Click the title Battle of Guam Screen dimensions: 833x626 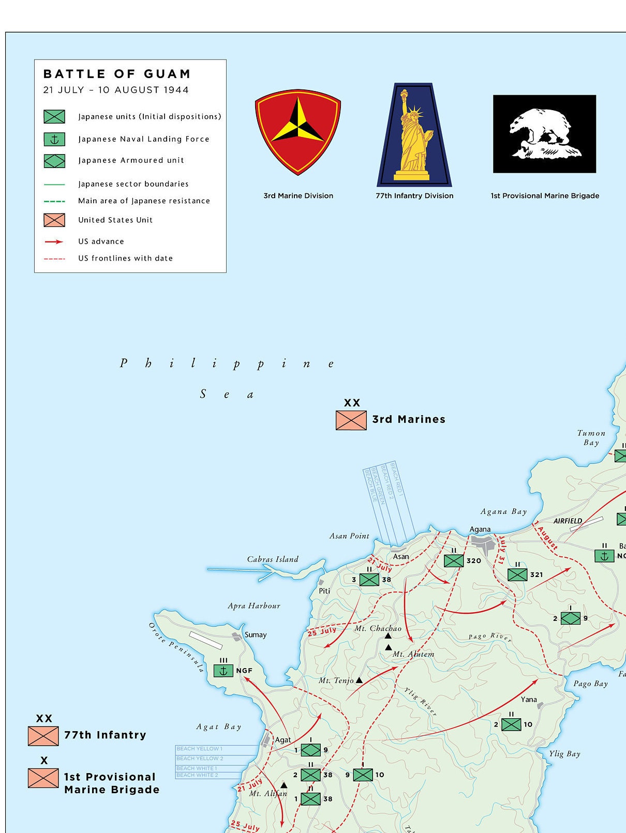pyautogui.click(x=117, y=74)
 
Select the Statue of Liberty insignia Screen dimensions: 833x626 pyautogui.click(x=414, y=134)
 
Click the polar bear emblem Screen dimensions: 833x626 pyautogui.click(x=544, y=134)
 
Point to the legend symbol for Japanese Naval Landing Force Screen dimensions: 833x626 pyautogui.click(x=54, y=139)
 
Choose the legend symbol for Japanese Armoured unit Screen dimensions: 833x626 pyautogui.click(x=54, y=161)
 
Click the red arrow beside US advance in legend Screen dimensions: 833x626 pyautogui.click(x=54, y=241)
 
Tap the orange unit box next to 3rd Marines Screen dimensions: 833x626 pyautogui.click(x=351, y=420)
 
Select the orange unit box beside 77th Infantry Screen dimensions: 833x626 pyautogui.click(x=43, y=735)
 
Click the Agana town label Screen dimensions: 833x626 pyautogui.click(x=480, y=529)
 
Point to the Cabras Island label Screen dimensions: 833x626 pyautogui.click(x=273, y=559)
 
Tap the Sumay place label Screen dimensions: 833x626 pyautogui.click(x=256, y=634)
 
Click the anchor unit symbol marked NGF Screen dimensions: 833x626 pyautogui.click(x=223, y=671)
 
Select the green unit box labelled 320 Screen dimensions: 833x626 pyautogui.click(x=454, y=561)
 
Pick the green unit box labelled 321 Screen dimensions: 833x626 pyautogui.click(x=517, y=574)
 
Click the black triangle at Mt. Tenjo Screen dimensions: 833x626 pyautogui.click(x=359, y=680)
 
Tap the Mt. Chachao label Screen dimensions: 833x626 pyautogui.click(x=378, y=628)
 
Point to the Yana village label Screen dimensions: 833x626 pyautogui.click(x=529, y=699)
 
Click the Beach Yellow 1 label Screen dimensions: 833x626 pyautogui.click(x=200, y=749)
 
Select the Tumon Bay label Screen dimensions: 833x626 pyautogui.click(x=591, y=437)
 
